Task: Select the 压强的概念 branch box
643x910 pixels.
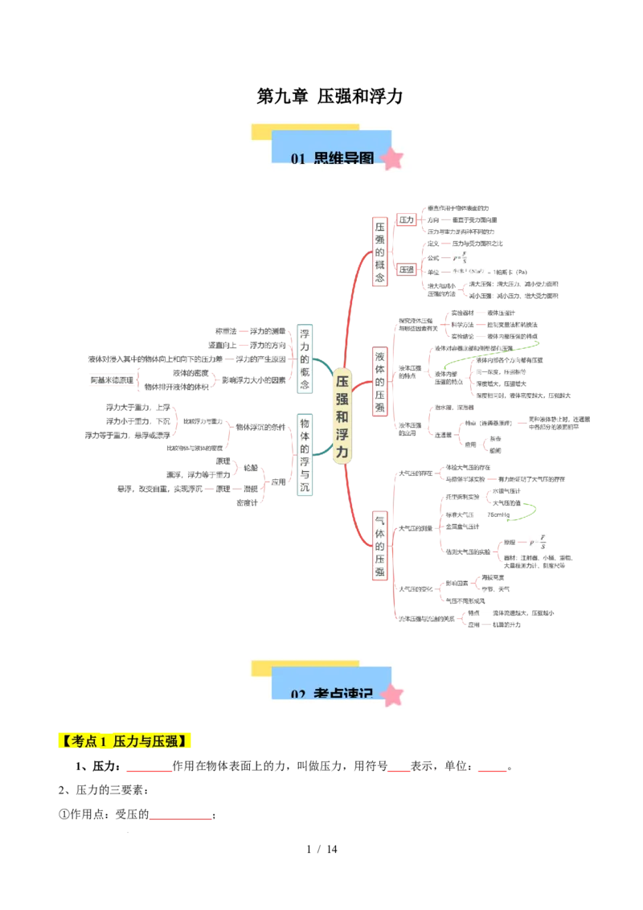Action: pyautogui.click(x=379, y=251)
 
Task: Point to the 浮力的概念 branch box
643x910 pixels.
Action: pyautogui.click(x=305, y=359)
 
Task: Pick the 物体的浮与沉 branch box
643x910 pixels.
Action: pyautogui.click(x=305, y=457)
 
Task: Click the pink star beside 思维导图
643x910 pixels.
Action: pyautogui.click(x=392, y=158)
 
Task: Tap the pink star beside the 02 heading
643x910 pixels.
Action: pyautogui.click(x=392, y=695)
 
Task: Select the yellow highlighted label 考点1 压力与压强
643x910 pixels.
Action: pyautogui.click(x=125, y=741)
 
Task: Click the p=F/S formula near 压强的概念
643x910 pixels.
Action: pyautogui.click(x=460, y=258)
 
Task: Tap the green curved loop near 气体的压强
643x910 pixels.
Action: pyautogui.click(x=528, y=511)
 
